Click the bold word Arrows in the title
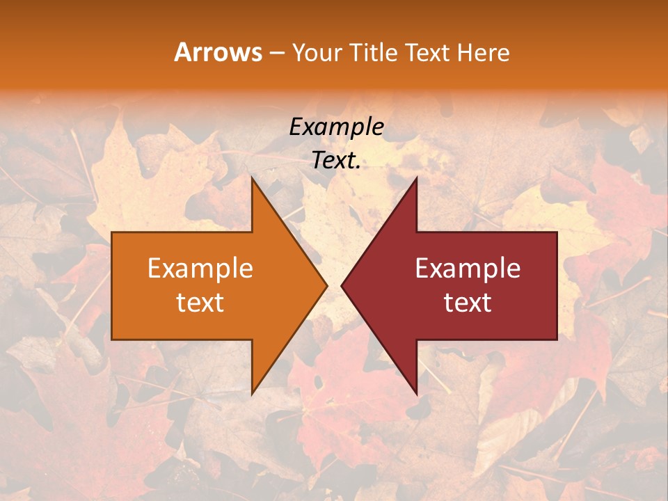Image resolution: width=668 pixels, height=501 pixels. (x=218, y=52)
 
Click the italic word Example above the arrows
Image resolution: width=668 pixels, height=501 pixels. (x=336, y=127)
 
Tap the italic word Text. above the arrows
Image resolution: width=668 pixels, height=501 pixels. (x=336, y=161)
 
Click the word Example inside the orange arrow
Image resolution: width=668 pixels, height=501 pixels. (x=200, y=269)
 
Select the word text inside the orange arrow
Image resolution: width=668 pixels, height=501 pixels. (x=200, y=303)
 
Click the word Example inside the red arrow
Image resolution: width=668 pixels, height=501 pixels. (x=468, y=269)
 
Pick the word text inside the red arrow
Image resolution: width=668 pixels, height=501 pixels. (x=468, y=303)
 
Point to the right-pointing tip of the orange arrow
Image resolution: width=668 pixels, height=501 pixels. (x=326, y=285)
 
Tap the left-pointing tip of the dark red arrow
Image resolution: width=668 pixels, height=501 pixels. (x=342, y=285)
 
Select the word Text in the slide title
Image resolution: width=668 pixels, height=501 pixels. (x=430, y=53)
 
